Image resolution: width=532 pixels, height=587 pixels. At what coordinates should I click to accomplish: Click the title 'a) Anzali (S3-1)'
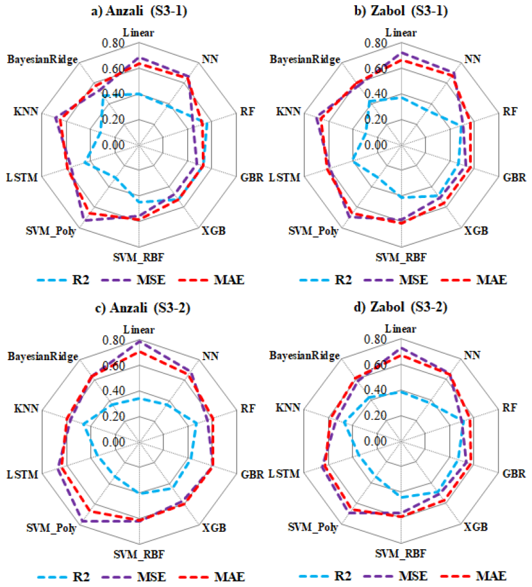click(x=139, y=10)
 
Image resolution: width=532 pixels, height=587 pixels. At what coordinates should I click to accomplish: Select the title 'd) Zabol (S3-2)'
click(x=401, y=307)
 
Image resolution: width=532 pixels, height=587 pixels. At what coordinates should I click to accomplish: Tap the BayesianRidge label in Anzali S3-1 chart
click(x=43, y=60)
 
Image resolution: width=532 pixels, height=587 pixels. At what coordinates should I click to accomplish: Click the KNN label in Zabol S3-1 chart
click(x=288, y=112)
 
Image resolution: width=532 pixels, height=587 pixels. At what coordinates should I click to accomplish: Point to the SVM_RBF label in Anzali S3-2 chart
click(x=139, y=554)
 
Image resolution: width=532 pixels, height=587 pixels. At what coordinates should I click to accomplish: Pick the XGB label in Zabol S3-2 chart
click(x=476, y=527)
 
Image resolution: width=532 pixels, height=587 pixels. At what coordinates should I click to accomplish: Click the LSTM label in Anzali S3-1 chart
click(x=22, y=177)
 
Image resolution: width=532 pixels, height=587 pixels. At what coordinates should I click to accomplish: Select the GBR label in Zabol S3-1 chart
click(x=515, y=177)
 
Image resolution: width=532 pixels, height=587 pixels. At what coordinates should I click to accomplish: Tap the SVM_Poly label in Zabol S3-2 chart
click(x=313, y=527)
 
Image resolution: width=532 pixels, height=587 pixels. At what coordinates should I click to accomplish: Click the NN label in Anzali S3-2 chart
click(x=210, y=356)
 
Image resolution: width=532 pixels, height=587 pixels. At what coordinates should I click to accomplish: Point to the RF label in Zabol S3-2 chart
click(x=510, y=408)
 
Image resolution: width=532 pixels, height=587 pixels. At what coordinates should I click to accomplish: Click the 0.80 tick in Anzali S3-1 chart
click(x=113, y=43)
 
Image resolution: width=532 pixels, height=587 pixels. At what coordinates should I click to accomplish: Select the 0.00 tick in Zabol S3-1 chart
click(x=376, y=145)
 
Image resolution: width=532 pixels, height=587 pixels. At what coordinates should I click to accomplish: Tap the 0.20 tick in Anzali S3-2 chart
click(x=113, y=416)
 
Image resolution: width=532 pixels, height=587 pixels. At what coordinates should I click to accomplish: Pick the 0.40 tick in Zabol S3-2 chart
click(x=375, y=390)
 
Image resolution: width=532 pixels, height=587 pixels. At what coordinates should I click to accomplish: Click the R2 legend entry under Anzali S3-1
click(x=63, y=279)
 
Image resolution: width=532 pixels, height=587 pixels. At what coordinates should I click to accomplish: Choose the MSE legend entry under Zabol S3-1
click(x=395, y=279)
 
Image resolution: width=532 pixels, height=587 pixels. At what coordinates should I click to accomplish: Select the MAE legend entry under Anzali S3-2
click(x=212, y=577)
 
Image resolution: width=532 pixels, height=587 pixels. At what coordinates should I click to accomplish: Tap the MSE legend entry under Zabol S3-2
click(x=395, y=575)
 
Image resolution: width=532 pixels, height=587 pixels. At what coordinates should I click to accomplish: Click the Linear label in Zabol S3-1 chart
click(x=401, y=33)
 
